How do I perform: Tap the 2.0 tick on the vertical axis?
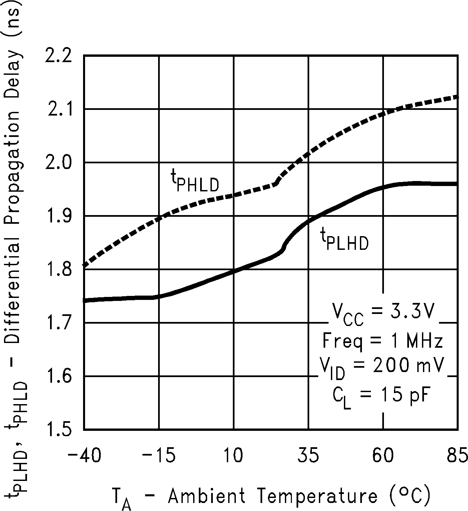click(59, 163)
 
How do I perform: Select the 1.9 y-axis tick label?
click(60, 217)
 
